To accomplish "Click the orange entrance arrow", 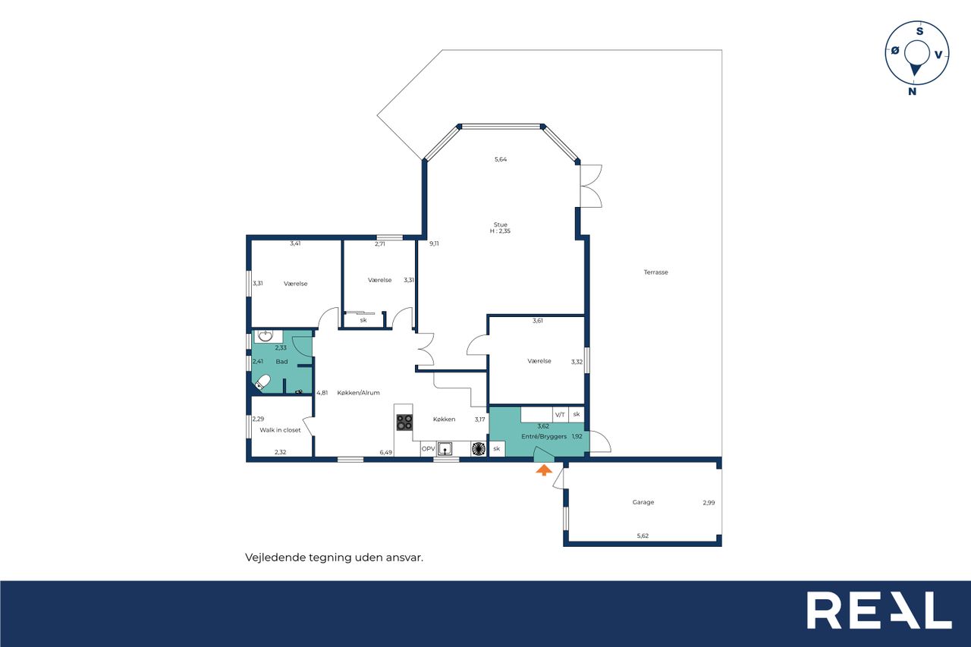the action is [544, 470].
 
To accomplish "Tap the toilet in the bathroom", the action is [262, 382].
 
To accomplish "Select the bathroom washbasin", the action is [265, 336].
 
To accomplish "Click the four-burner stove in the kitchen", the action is [404, 422].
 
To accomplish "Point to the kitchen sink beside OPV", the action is [445, 448].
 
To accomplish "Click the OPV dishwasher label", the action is [429, 448].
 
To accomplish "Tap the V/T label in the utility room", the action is [560, 415].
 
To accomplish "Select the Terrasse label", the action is [655, 272].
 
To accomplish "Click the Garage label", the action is [643, 502].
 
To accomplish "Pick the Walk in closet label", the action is [280, 430].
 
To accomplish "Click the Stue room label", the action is [500, 225].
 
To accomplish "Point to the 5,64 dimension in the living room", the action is [501, 159].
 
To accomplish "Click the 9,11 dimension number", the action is [434, 243].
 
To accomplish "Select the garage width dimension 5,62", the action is [643, 536].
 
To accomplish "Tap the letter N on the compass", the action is [913, 92].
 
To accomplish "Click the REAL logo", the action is [879, 610].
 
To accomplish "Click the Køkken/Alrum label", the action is [358, 393].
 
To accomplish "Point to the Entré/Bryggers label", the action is [544, 436].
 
